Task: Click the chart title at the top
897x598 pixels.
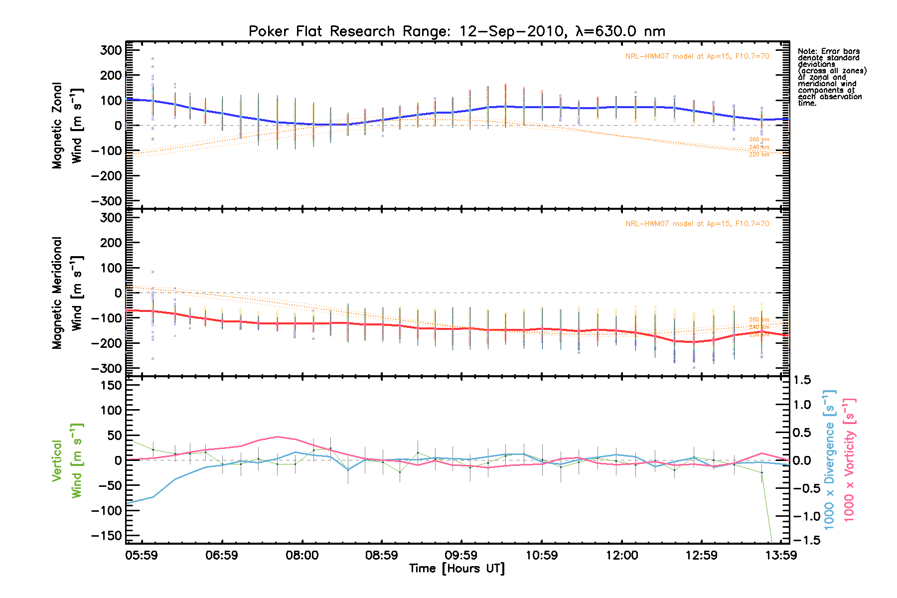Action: [x=456, y=31]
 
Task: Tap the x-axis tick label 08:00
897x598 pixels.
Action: [x=302, y=555]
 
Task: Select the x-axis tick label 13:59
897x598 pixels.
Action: [x=781, y=555]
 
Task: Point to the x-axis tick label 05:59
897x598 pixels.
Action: [x=142, y=555]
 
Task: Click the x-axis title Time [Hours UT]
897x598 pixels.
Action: [x=456, y=569]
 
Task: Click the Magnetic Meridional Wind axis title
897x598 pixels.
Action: [x=67, y=293]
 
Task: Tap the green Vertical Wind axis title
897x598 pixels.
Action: [x=67, y=460]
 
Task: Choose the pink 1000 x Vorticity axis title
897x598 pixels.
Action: [x=849, y=459]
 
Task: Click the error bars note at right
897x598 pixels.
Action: [x=832, y=77]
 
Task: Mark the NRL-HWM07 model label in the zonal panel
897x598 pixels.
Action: [x=697, y=56]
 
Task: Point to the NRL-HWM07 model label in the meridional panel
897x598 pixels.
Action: [x=697, y=224]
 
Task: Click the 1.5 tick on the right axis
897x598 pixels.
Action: [x=802, y=380]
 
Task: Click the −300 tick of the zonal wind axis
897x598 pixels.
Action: [x=107, y=201]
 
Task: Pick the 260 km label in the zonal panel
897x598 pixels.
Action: [x=759, y=140]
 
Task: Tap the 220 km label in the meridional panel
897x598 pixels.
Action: [x=759, y=335]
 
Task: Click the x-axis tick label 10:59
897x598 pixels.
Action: [x=542, y=555]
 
